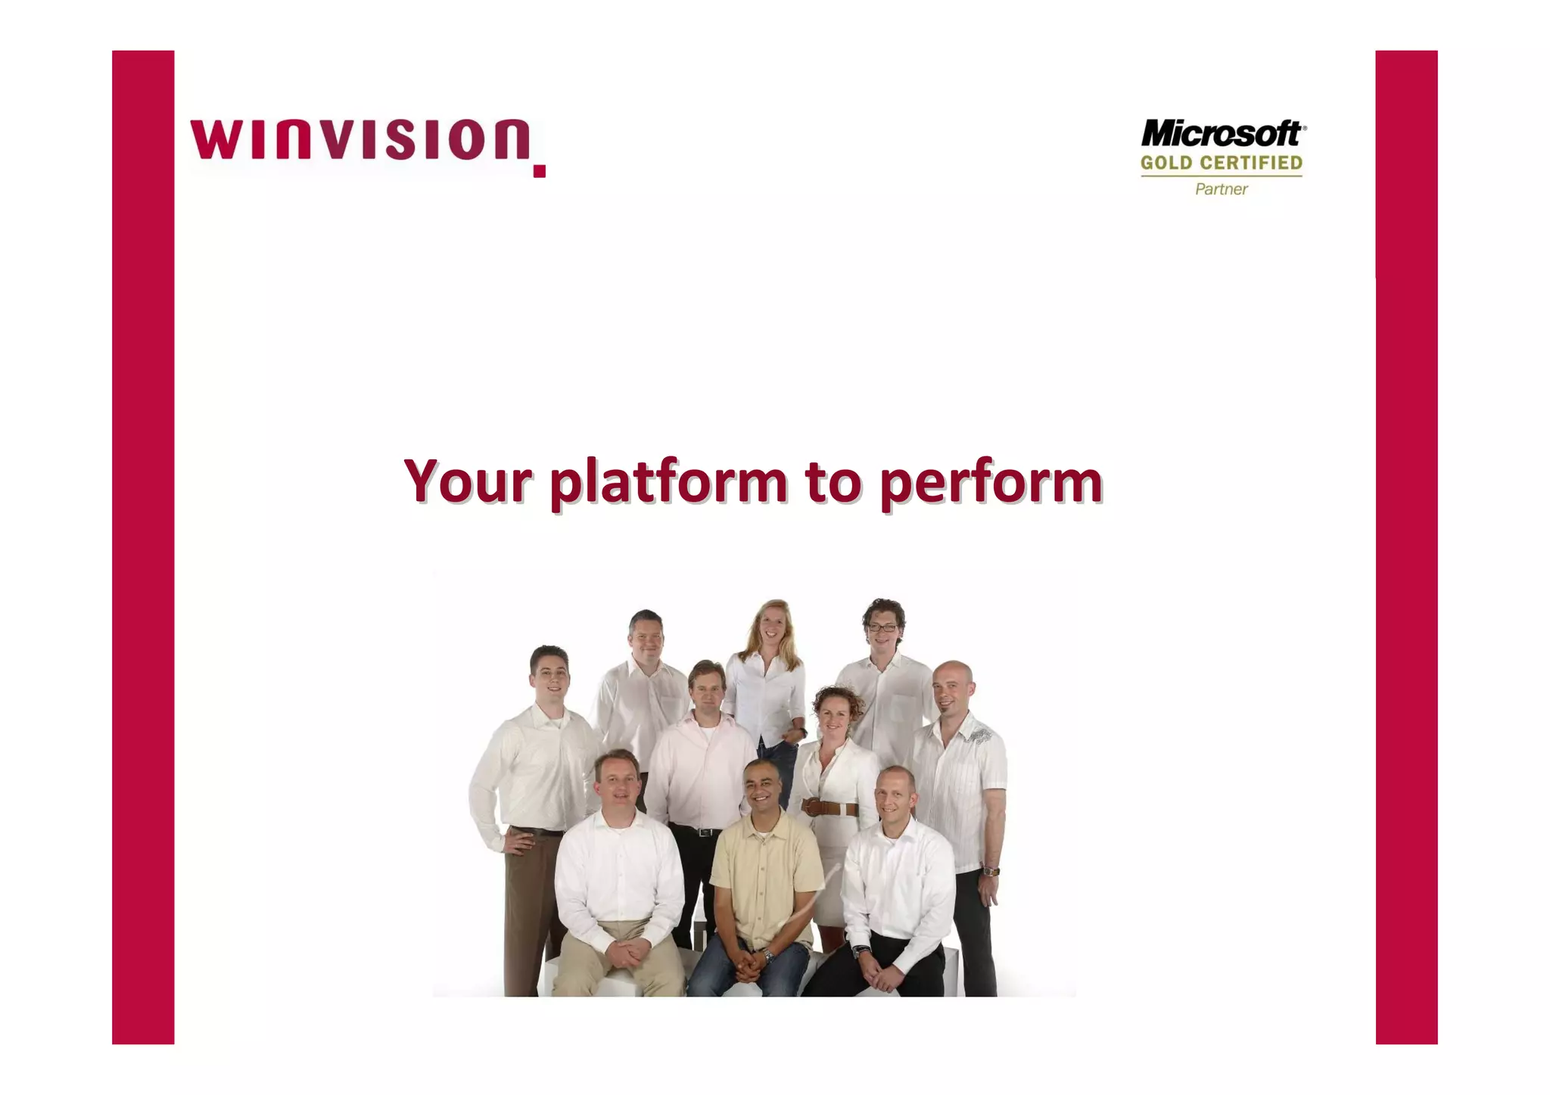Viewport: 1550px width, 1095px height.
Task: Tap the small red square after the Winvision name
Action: coord(539,171)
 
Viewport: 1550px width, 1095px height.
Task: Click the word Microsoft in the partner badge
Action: coord(1221,135)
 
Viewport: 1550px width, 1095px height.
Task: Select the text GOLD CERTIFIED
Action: coord(1221,163)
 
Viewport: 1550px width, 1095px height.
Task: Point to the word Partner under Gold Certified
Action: coord(1221,189)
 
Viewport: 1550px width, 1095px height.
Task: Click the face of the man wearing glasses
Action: coord(882,630)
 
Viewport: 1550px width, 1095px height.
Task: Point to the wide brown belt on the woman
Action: coord(831,808)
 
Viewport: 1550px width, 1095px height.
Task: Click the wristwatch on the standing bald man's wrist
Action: coord(991,871)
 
